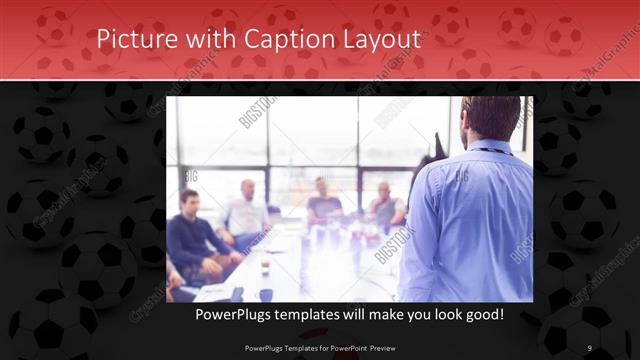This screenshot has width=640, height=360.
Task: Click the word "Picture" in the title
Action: point(134,39)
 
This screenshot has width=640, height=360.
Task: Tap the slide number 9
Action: point(590,347)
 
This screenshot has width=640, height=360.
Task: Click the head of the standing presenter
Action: point(490,118)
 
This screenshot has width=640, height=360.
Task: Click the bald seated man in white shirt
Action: point(245,212)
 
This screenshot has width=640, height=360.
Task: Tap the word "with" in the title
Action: point(201,39)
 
